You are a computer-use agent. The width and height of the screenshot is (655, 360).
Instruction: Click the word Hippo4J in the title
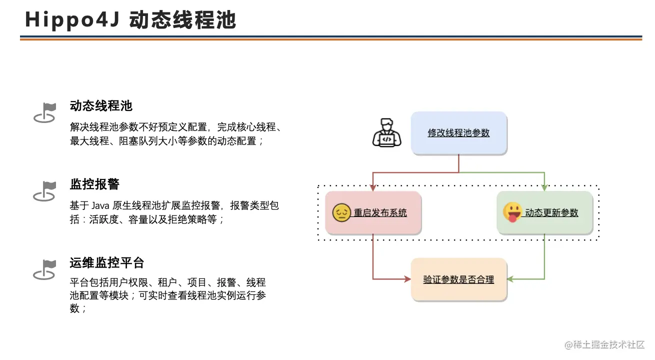tap(72, 20)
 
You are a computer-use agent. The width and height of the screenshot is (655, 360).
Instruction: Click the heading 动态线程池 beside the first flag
tap(101, 105)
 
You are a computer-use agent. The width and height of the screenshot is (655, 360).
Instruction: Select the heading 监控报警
tap(94, 184)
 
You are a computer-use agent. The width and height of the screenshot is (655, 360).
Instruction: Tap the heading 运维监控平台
tap(107, 262)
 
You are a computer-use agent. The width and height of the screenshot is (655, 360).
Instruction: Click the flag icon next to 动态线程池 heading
tap(44, 112)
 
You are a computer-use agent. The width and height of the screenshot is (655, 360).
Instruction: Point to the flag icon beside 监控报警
tap(44, 191)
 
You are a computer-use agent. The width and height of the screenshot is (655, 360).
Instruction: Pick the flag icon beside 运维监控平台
tap(44, 269)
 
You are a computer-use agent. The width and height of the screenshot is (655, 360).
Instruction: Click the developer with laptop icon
tap(387, 132)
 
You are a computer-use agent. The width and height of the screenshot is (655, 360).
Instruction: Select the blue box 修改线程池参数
tap(459, 133)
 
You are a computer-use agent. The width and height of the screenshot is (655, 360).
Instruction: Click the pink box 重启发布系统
tap(373, 212)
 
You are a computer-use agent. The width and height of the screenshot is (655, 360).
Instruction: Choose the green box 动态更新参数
tap(545, 212)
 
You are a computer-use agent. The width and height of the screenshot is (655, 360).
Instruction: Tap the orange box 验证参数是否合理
tap(459, 279)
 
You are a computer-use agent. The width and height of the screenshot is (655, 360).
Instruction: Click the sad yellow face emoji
tap(341, 212)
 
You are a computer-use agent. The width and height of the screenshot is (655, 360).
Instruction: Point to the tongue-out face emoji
tap(512, 212)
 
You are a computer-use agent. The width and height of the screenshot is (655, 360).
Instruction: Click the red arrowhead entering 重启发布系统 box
tap(373, 187)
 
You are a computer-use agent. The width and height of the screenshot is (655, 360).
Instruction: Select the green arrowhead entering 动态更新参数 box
tap(544, 187)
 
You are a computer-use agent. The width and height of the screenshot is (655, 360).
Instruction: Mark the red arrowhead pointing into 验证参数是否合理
tap(407, 279)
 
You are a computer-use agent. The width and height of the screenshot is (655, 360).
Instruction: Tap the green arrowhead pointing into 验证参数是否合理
tap(510, 279)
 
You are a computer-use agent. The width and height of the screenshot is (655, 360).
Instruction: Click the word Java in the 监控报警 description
tap(100, 205)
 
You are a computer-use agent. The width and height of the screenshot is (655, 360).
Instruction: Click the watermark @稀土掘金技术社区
tap(604, 345)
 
